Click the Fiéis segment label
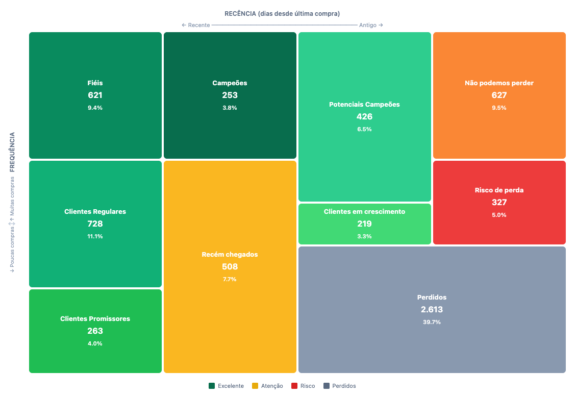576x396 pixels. [95, 83]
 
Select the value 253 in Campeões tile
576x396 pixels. [230, 95]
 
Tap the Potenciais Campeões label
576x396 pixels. [364, 104]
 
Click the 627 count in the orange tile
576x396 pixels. [499, 95]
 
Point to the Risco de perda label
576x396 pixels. [499, 190]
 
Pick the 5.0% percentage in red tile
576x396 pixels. [499, 215]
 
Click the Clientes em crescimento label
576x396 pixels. [364, 211]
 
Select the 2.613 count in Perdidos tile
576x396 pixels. [432, 310]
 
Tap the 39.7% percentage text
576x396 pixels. [432, 322]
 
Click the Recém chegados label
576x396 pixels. [230, 254]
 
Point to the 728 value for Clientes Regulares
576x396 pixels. [95, 224]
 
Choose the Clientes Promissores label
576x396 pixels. [95, 318]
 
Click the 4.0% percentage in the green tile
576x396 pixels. [95, 343]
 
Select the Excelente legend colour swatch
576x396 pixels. [212, 386]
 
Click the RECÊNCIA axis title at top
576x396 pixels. [282, 13]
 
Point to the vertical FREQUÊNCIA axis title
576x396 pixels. [12, 151]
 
